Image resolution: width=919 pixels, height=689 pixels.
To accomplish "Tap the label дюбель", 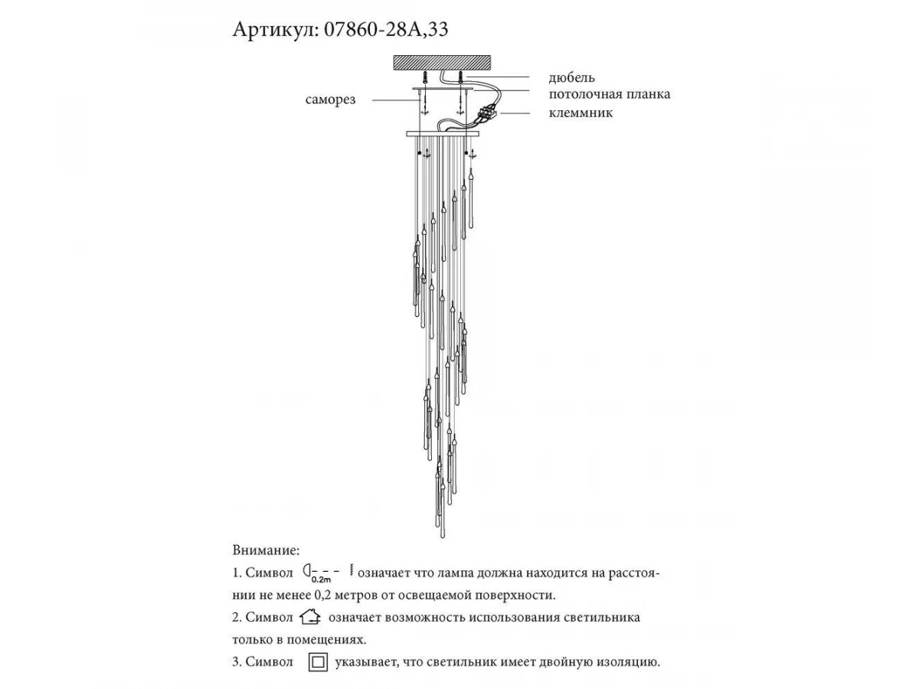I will coord(571,77).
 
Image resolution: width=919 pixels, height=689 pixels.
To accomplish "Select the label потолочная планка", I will coord(610,94).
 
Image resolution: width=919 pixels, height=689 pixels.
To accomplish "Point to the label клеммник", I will coord(581,113).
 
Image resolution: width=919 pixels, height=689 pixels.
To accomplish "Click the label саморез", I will coord(330,100).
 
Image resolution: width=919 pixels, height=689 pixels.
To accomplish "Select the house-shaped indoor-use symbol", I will coord(309,617).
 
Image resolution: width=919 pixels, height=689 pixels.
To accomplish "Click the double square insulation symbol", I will coord(318,662).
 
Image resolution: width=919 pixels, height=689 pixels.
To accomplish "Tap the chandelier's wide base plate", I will coord(442,133).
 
